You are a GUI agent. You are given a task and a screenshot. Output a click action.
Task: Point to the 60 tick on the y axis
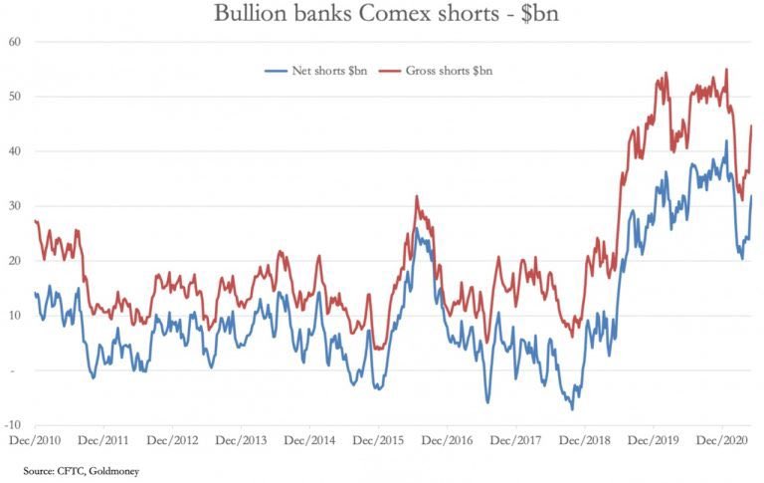coord(15,42)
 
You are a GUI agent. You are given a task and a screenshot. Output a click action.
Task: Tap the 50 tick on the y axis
coord(15,97)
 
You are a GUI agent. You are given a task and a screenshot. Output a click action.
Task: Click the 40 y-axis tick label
coord(15,151)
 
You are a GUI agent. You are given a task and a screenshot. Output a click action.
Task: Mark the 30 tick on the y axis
coord(15,206)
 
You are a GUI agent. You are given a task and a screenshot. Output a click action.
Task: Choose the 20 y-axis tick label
coord(15,261)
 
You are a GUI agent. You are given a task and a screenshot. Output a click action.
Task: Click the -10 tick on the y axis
coord(13,425)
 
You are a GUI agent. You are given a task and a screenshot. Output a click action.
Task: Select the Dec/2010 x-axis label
coord(34,438)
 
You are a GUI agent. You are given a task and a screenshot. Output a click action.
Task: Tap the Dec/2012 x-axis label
coord(172,438)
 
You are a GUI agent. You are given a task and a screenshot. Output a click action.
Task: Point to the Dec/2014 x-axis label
coord(309,438)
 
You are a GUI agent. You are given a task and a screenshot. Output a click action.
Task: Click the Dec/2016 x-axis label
coord(446,438)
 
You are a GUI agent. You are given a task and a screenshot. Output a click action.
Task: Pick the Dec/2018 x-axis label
coord(583,438)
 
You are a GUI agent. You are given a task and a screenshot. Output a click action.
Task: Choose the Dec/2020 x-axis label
coord(719,438)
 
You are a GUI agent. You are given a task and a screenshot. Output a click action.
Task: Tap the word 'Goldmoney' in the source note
coord(115,468)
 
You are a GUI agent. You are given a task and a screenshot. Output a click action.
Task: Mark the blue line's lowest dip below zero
coord(572,408)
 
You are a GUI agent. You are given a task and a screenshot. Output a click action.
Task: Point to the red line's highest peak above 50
coord(726,70)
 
